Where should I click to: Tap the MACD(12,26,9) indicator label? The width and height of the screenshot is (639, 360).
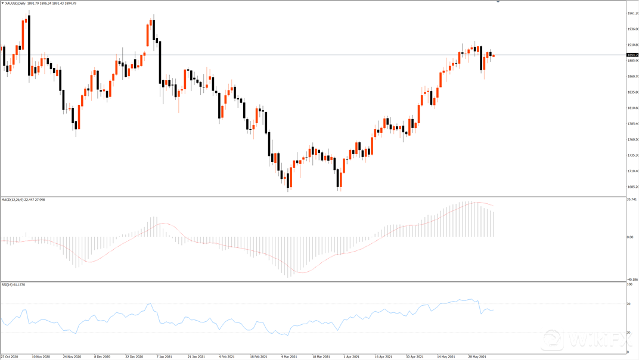pyautogui.click(x=14, y=200)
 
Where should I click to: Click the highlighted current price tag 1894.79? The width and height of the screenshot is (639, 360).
pyautogui.click(x=631, y=55)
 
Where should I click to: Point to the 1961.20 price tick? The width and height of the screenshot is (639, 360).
pyautogui.click(x=632, y=13)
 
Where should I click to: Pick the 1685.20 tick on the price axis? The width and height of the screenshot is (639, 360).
pyautogui.click(x=632, y=187)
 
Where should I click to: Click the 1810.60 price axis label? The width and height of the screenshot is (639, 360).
pyautogui.click(x=632, y=108)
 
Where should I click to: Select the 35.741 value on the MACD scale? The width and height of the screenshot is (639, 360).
pyautogui.click(x=632, y=200)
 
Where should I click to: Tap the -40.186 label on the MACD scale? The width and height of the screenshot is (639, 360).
pyautogui.click(x=632, y=279)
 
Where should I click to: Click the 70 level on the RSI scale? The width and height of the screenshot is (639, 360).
pyautogui.click(x=629, y=304)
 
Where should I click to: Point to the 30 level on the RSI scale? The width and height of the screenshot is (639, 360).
pyautogui.click(x=629, y=332)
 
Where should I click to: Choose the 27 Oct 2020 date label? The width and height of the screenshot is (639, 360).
pyautogui.click(x=10, y=356)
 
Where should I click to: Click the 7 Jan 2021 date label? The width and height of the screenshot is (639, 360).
pyautogui.click(x=165, y=356)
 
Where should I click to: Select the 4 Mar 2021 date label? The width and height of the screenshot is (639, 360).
pyautogui.click(x=291, y=356)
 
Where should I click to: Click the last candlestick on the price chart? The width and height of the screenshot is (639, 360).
pyautogui.click(x=494, y=55)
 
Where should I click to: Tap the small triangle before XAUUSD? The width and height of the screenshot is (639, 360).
pyautogui.click(x=3, y=4)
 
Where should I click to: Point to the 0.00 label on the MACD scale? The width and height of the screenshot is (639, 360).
pyautogui.click(x=631, y=237)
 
